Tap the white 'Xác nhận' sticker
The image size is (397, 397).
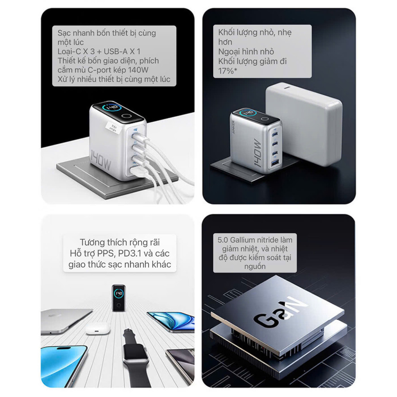[x=113, y=127]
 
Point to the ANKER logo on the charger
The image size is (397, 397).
[x=233, y=128]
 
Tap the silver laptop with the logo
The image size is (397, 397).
[x=65, y=321]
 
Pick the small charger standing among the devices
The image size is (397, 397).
[x=119, y=298]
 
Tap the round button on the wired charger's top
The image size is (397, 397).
[x=126, y=116]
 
